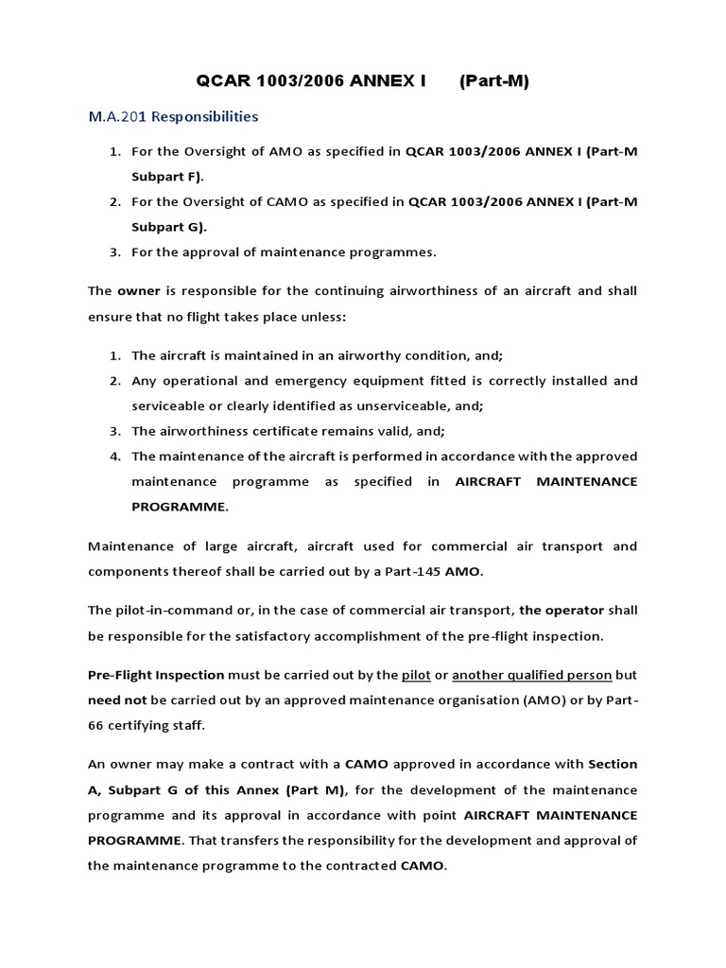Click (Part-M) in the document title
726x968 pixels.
coord(493,81)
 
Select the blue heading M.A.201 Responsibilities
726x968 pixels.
coord(173,117)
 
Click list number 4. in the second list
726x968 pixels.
coord(115,456)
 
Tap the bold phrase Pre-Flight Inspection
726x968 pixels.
coord(156,675)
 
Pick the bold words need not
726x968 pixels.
coord(117,700)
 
